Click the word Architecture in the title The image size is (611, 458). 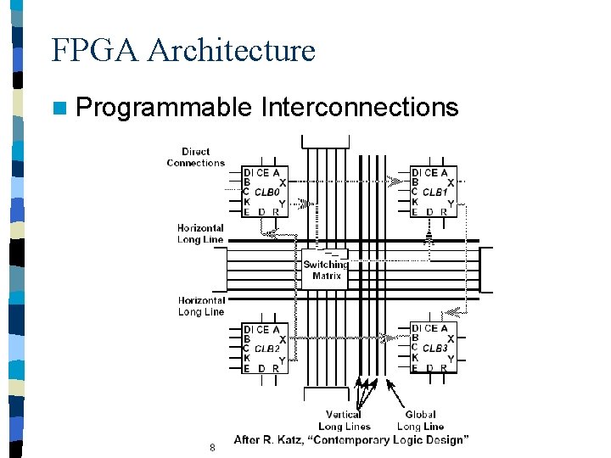231,50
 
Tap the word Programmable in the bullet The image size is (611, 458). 164,108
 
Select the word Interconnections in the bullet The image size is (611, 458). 360,108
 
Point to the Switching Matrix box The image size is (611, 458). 326,270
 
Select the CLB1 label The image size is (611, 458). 434,193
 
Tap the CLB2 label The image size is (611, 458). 266,349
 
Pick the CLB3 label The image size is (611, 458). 434,349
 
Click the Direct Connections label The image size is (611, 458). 196,157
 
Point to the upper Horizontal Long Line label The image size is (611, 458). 200,233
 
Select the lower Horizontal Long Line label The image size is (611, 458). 201,306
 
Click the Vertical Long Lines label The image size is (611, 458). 344,421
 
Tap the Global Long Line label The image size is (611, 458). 420,421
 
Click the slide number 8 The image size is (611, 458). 212,447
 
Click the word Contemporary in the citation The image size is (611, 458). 367,440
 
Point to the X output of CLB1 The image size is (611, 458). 450,182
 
